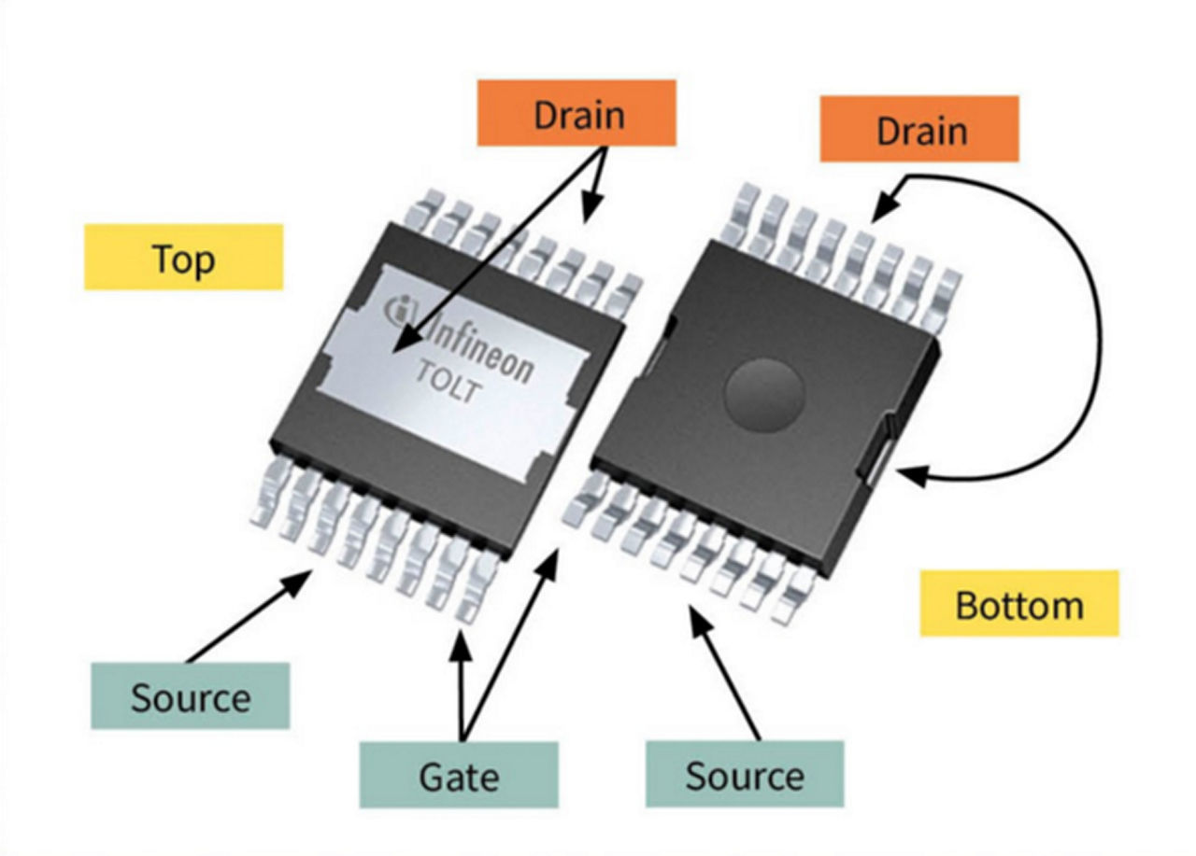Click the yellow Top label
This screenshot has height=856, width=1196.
183,257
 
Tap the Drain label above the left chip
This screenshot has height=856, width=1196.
577,113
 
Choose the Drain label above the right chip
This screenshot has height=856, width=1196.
919,129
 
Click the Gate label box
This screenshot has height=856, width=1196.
459,774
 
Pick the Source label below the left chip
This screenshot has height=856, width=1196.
190,695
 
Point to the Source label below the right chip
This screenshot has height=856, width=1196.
744,774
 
